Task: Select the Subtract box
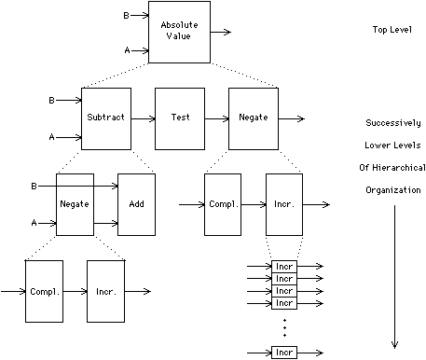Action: tap(105, 118)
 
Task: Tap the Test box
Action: tap(180, 118)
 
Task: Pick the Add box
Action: tap(135, 203)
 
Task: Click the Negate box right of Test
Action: tap(253, 118)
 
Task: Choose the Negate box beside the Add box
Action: tap(75, 203)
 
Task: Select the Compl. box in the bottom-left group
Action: tap(44, 291)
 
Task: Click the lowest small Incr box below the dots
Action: tap(284, 353)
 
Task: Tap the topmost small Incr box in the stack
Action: tap(284, 267)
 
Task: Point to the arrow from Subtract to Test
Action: tap(143, 118)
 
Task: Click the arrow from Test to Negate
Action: tap(216, 118)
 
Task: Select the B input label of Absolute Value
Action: tap(127, 15)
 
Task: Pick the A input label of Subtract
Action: tap(52, 136)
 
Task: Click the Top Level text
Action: tap(393, 31)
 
